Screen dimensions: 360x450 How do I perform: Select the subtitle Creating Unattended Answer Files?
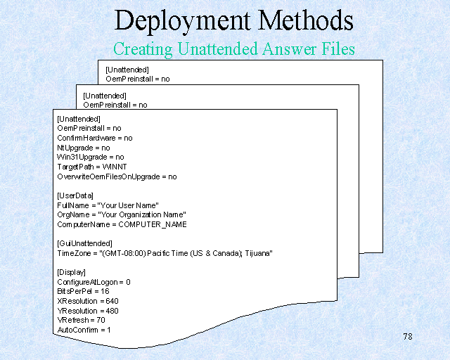(x=233, y=49)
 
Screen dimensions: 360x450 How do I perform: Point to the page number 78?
(x=408, y=336)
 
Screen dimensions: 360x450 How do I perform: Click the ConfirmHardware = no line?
(x=94, y=139)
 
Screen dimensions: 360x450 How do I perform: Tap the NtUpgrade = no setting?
(x=83, y=148)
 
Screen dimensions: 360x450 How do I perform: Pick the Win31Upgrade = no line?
(x=90, y=157)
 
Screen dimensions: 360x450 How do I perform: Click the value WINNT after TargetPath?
(x=114, y=167)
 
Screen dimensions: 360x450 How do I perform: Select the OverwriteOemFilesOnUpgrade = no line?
(x=117, y=177)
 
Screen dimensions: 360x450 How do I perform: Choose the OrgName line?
(x=121, y=214)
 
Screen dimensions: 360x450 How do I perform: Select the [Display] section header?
(x=71, y=272)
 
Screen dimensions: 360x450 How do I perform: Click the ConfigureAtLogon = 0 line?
(x=94, y=282)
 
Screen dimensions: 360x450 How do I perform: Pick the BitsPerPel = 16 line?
(x=83, y=291)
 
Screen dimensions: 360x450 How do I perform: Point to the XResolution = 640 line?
(x=88, y=301)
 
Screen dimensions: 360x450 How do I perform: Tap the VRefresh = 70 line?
(x=80, y=320)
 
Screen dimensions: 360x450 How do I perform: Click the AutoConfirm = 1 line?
(x=84, y=329)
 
